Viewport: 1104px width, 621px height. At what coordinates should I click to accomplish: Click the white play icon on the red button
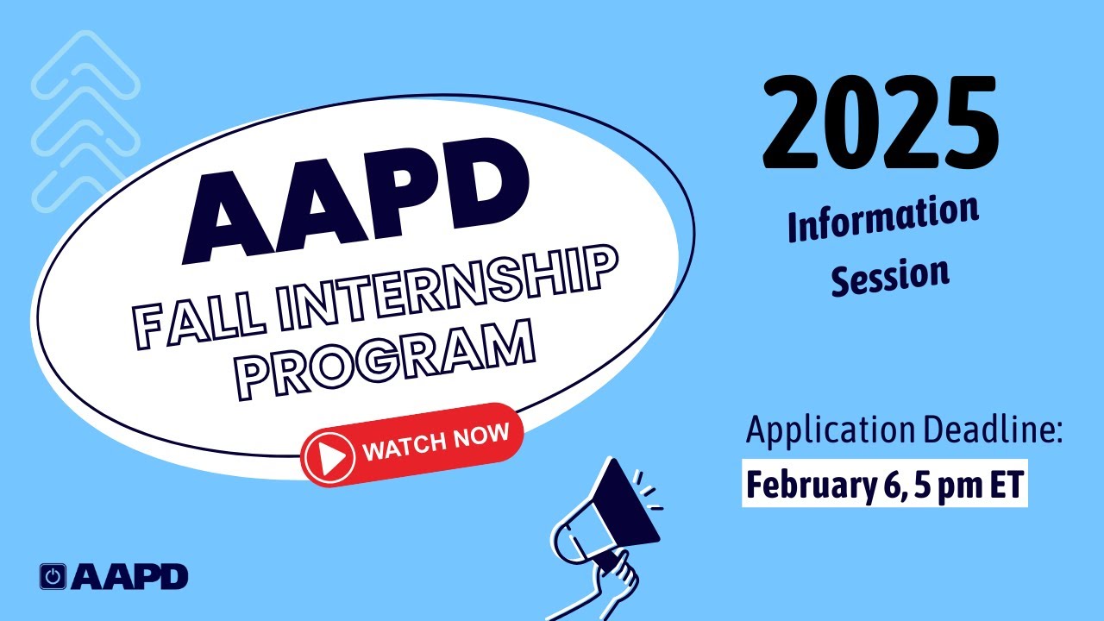[x=329, y=455]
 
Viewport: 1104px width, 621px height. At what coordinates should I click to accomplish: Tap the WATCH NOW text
[x=436, y=441]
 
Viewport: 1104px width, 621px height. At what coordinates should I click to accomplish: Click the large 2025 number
[x=880, y=123]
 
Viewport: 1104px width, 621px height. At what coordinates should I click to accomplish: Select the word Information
[x=883, y=221]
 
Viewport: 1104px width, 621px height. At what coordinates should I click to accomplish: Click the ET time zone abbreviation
[x=1000, y=486]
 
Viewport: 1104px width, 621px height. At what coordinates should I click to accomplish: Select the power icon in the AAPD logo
[x=53, y=577]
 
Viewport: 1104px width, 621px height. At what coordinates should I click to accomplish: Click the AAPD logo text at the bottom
[x=129, y=577]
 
